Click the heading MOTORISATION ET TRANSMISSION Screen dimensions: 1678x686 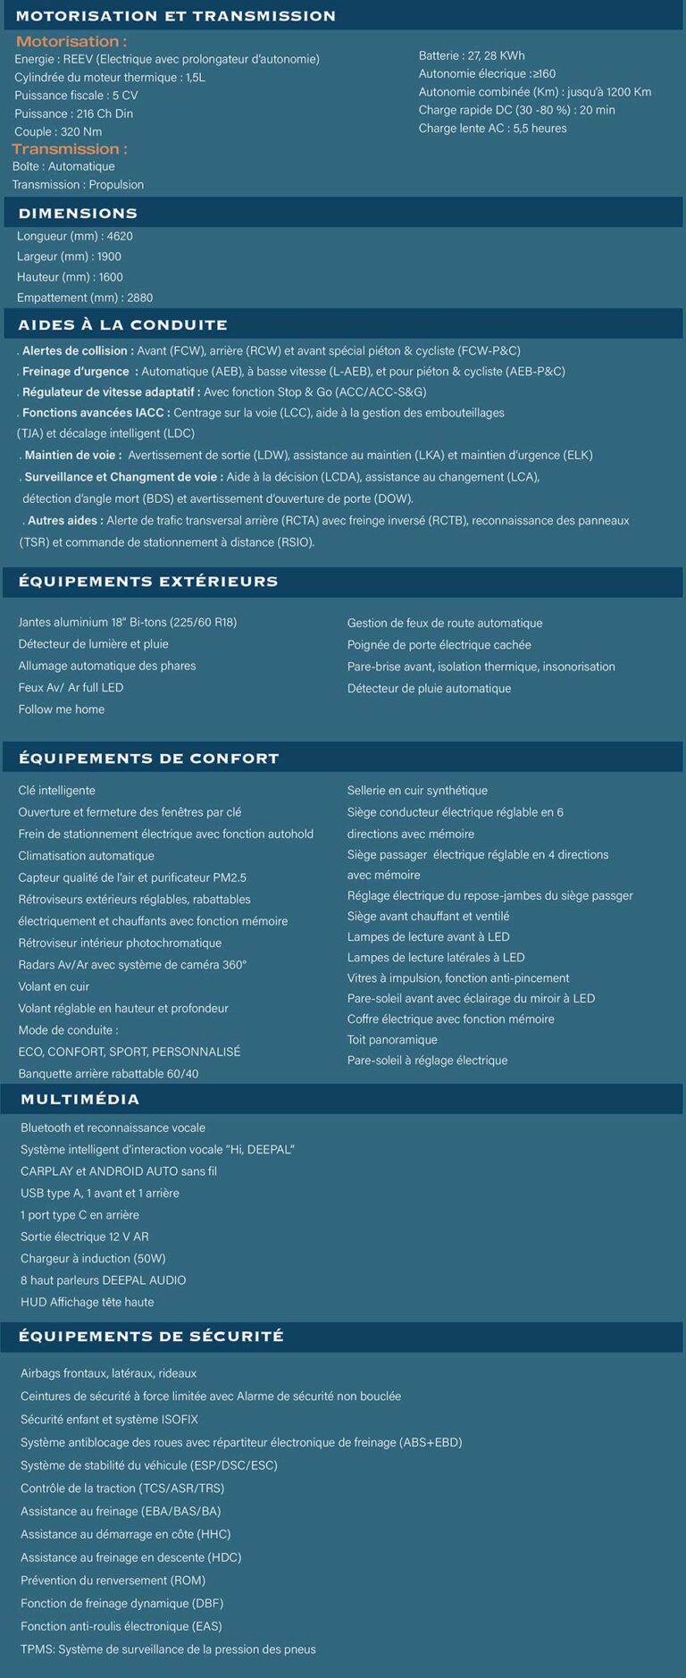coord(176,16)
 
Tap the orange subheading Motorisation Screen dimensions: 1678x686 coord(71,41)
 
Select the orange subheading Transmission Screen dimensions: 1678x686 coord(69,148)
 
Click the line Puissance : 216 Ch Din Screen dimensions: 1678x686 coord(73,113)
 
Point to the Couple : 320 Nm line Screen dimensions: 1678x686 coord(58,131)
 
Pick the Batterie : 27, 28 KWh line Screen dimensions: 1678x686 coord(472,55)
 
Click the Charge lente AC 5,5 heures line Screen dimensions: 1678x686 coord(492,128)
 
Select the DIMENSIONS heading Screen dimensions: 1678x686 coord(78,214)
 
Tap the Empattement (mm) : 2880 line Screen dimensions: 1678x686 coord(85,298)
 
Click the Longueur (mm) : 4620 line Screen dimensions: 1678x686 coord(75,236)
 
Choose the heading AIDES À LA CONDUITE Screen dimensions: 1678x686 coord(122,325)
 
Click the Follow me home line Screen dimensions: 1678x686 coord(62,709)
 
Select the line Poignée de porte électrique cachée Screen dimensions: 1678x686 coord(439,645)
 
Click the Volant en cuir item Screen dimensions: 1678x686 coord(54,986)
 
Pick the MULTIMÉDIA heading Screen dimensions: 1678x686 coord(79,1099)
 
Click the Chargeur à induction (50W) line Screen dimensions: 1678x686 coord(93,1258)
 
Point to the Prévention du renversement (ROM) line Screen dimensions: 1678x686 coord(113,1580)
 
